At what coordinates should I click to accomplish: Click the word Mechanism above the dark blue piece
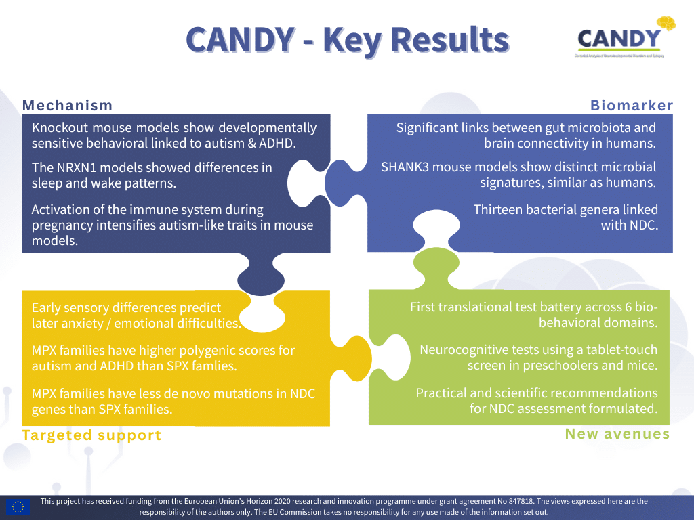coord(67,105)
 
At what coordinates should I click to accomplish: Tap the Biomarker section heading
coord(632,105)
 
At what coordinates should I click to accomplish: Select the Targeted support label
coord(91,435)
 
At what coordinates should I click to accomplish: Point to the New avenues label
coord(617,434)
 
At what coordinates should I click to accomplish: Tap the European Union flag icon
coord(18,506)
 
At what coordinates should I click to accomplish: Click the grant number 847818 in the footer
coord(521,502)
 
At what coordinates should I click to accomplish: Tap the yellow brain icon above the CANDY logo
coord(666,23)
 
